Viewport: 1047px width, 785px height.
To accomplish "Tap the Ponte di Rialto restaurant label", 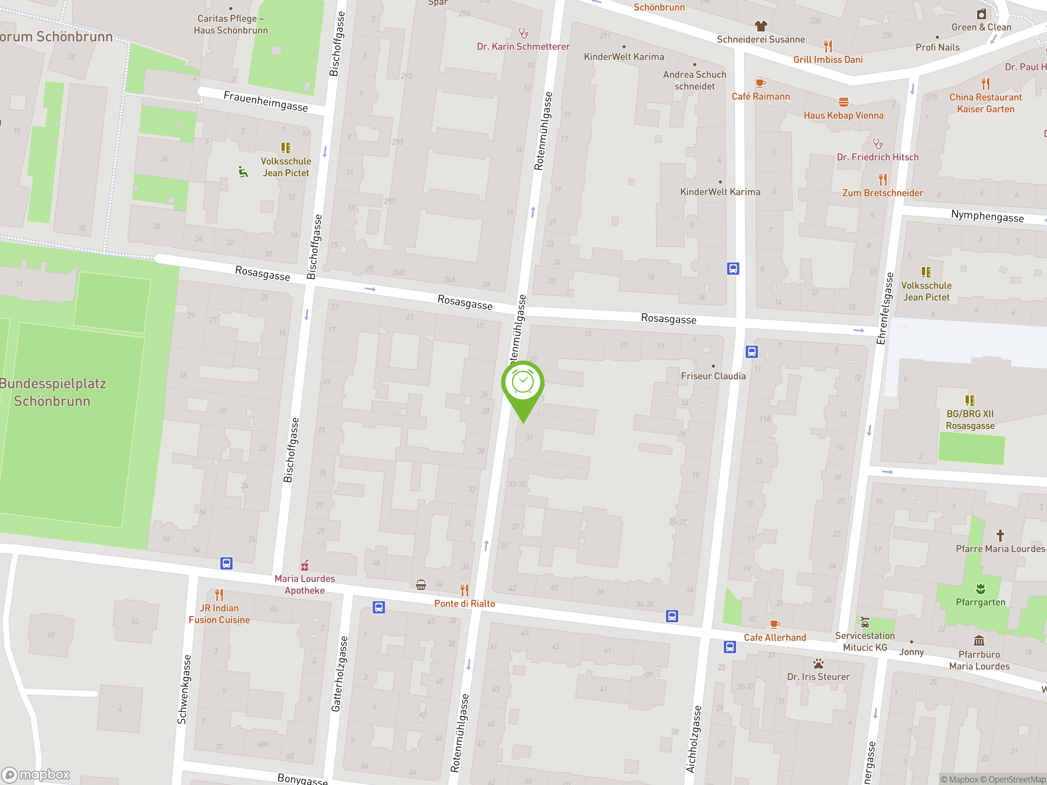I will [464, 603].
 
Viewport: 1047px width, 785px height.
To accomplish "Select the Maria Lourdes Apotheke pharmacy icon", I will [305, 565].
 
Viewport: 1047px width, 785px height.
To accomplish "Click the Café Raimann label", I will [761, 96].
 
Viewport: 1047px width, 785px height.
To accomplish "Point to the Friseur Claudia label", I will [713, 376].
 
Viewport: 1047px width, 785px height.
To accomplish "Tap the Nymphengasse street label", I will [987, 216].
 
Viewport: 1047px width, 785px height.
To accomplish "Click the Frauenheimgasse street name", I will [265, 101].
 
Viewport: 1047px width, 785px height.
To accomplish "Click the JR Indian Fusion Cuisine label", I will [219, 614].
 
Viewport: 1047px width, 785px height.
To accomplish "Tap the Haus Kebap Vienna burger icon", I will [843, 102].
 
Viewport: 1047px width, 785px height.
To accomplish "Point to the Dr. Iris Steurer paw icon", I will [818, 664].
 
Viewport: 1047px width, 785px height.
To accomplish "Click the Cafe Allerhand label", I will [775, 637].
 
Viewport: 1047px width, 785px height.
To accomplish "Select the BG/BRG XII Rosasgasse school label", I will [970, 420].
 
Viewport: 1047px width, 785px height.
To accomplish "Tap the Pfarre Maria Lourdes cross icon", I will [1000, 536].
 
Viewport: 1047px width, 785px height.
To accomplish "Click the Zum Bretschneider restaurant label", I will [882, 193].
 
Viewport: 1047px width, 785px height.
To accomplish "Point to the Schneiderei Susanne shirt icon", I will [761, 25].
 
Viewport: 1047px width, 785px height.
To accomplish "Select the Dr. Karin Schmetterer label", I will [523, 46].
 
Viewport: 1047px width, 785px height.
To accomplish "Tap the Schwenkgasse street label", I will [184, 689].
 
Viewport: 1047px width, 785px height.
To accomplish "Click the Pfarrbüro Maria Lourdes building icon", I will [979, 641].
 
